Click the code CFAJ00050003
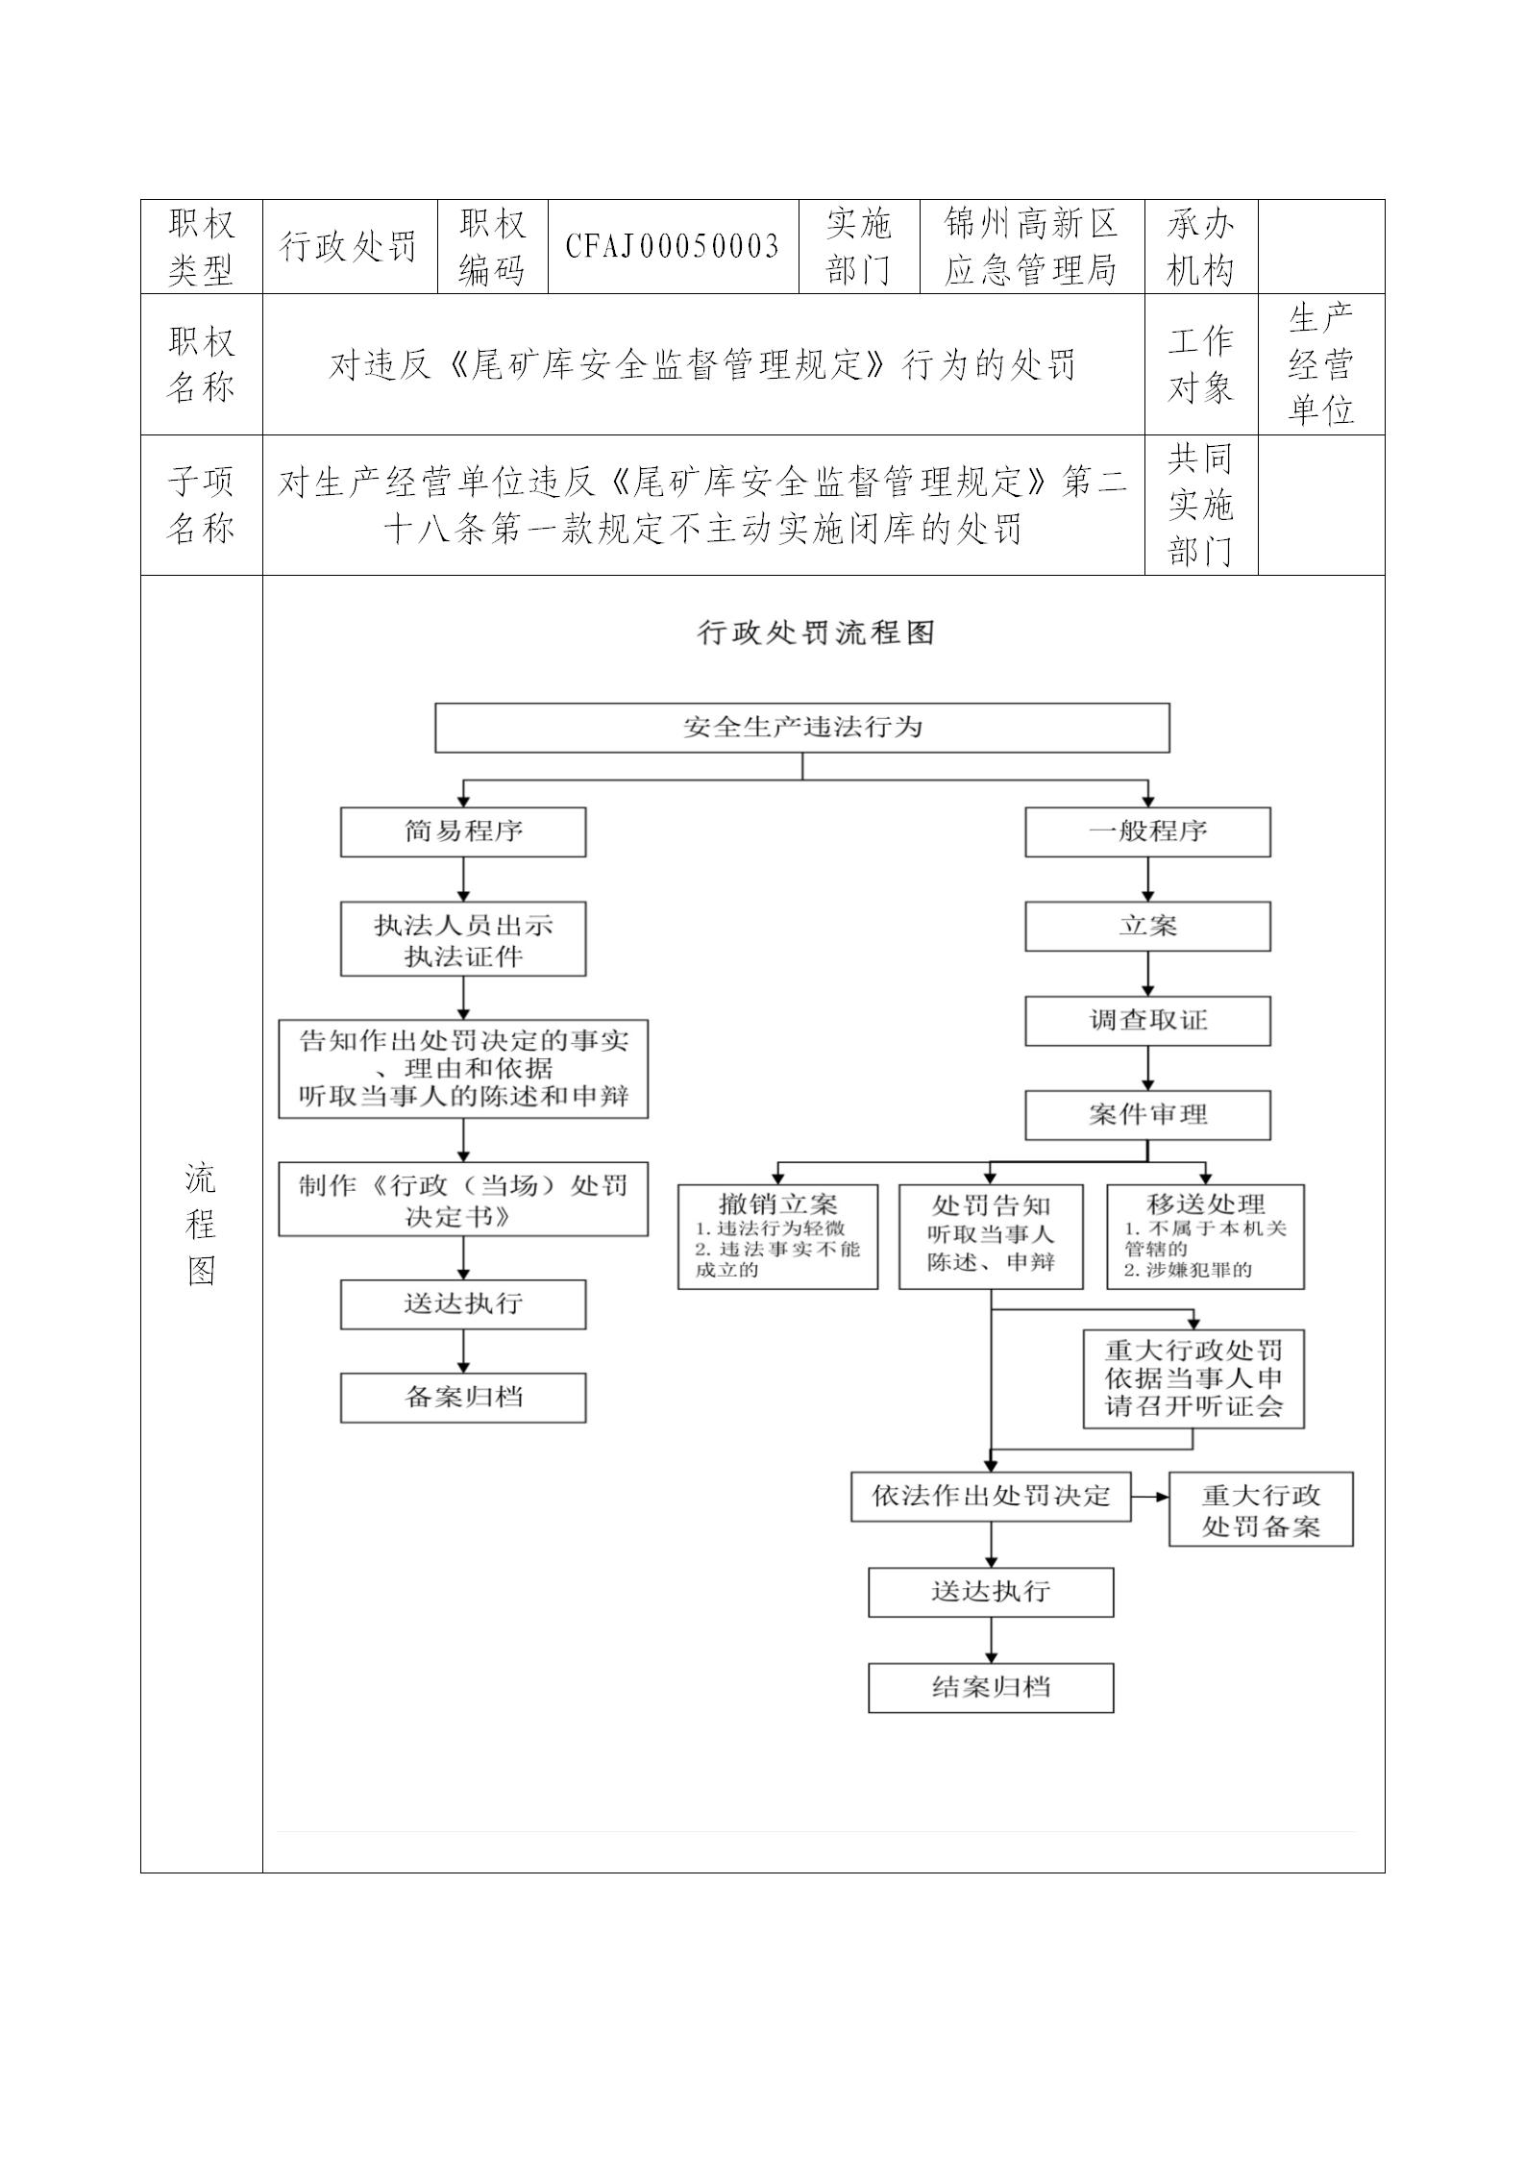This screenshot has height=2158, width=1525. click(672, 247)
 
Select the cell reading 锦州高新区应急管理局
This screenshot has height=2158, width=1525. click(1031, 247)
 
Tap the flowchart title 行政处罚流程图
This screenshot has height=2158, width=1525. click(815, 633)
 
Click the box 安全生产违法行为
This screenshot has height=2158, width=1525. click(801, 727)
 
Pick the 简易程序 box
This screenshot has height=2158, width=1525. click(463, 831)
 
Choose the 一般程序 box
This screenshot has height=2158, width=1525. click(1147, 831)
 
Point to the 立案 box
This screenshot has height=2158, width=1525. click(1147, 927)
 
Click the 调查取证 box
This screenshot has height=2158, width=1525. click(1147, 1021)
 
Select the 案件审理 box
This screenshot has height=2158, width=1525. click(1147, 1115)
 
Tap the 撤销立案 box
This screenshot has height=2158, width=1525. click(777, 1236)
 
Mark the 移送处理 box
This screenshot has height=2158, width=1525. click(1205, 1236)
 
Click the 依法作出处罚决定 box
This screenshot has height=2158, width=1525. click(991, 1496)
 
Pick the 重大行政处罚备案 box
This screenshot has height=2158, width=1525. click(1261, 1509)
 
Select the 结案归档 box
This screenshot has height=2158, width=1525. click(991, 1688)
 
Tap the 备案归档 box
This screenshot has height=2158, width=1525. click(463, 1398)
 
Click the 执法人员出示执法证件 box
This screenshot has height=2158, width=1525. click(463, 939)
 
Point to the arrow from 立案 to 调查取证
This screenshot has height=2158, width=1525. click(1147, 975)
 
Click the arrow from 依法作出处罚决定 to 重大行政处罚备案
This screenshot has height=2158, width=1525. click(1149, 1497)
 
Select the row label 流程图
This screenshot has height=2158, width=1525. click(201, 1224)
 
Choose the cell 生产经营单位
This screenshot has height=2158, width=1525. click(1320, 364)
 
